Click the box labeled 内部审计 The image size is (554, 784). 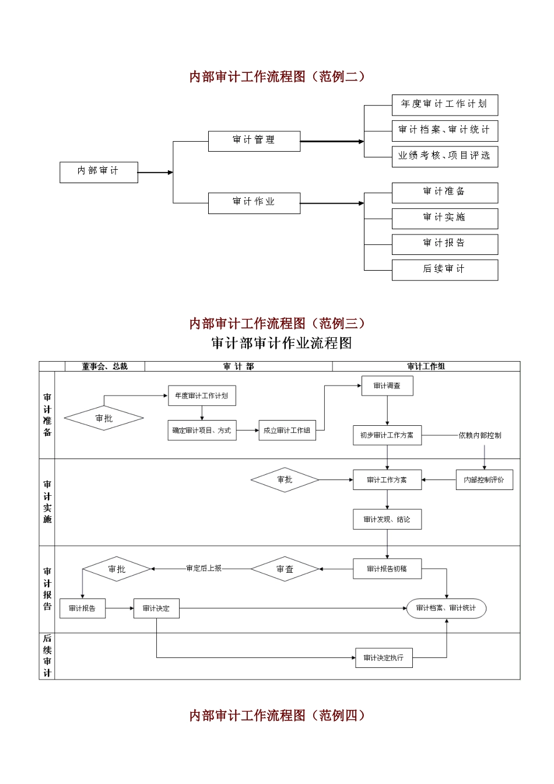(99, 172)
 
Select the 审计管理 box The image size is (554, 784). (254, 141)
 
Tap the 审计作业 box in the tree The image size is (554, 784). (254, 203)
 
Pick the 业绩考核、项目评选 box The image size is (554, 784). (445, 157)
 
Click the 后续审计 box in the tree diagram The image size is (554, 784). (445, 270)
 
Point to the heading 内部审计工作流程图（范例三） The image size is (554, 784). (277, 323)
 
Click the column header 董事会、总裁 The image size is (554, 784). (104, 366)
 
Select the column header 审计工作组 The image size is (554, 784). (426, 366)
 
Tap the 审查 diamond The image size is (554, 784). (285, 569)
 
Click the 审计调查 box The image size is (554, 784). (387, 386)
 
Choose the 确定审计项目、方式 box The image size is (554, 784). (202, 430)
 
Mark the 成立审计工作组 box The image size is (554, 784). (287, 430)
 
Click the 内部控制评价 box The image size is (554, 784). (485, 480)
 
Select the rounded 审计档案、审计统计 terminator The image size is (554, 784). (446, 608)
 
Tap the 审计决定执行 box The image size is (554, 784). (384, 657)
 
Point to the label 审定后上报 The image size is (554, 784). (204, 568)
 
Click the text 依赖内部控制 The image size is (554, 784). (480, 435)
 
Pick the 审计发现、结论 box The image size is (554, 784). (387, 519)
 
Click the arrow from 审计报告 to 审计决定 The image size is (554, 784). (120, 608)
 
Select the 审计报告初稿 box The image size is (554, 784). (387, 569)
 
